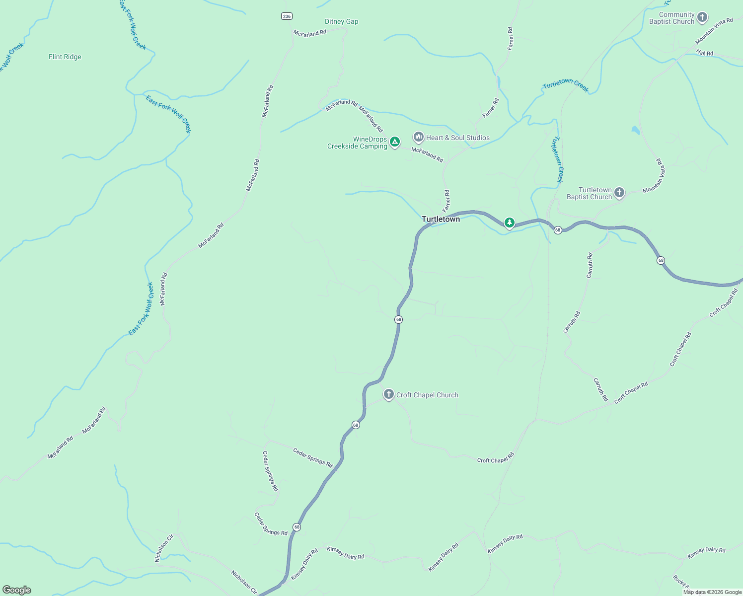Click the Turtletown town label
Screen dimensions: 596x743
[441, 219]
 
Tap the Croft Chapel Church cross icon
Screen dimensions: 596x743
[389, 395]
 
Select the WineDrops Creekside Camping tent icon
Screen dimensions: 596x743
[395, 143]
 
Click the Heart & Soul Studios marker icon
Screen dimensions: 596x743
[419, 137]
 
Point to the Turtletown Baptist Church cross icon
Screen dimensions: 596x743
[619, 193]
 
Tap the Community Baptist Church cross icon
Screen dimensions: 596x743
[702, 17]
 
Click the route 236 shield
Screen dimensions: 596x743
[286, 16]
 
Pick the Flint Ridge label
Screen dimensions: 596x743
[65, 57]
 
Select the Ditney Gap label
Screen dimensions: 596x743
[341, 21]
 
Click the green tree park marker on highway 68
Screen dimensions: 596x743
[509, 223]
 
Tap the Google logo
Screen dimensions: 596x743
[17, 590]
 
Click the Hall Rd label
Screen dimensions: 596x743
[705, 53]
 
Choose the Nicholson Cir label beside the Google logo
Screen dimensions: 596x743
[244, 582]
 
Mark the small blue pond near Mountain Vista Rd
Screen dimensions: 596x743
[635, 131]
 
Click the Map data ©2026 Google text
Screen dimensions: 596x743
[712, 592]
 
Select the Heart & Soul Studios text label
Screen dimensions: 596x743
[458, 138]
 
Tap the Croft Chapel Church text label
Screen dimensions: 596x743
[427, 395]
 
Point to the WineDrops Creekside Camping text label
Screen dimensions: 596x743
[357, 143]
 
